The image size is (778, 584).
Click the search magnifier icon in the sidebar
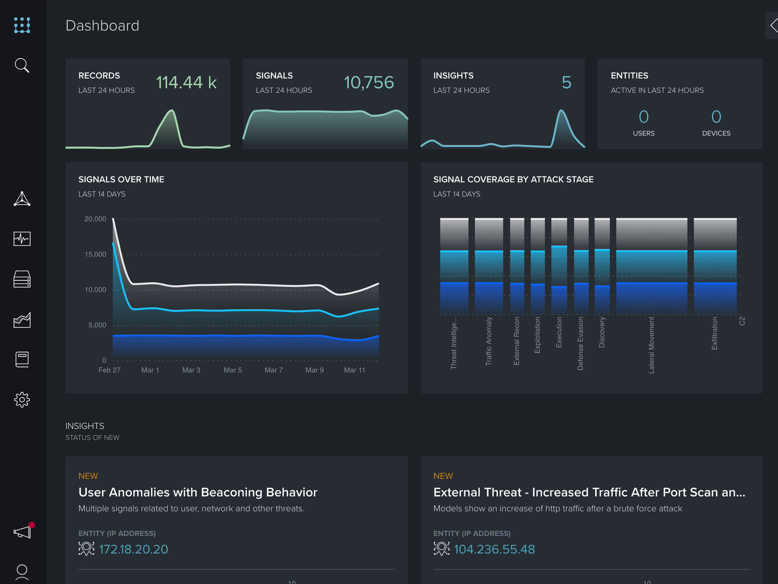(22, 65)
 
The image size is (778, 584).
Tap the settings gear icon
(22, 400)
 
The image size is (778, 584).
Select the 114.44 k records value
(186, 82)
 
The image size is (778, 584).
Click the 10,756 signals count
(369, 82)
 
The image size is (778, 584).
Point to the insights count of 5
(566, 82)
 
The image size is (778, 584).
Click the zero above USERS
(643, 117)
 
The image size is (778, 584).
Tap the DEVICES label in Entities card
(716, 133)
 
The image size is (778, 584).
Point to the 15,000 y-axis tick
(95, 254)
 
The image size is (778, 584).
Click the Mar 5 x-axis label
(232, 370)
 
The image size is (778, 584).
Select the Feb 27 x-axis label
(109, 370)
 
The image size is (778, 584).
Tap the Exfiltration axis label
(714, 333)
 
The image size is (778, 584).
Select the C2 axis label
(742, 321)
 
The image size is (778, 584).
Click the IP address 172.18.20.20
(133, 549)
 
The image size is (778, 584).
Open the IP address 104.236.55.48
(494, 549)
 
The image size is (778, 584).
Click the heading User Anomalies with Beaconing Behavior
(198, 492)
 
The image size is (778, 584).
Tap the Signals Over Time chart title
(121, 179)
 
